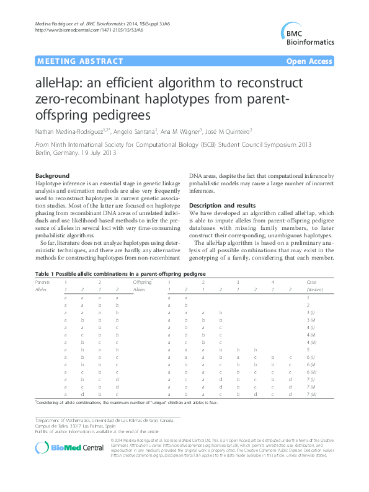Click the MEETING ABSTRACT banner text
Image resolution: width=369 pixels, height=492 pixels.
[69, 61]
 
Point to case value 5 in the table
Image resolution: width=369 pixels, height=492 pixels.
[308, 349]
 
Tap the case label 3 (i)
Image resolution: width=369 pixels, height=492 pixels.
[311, 314]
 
